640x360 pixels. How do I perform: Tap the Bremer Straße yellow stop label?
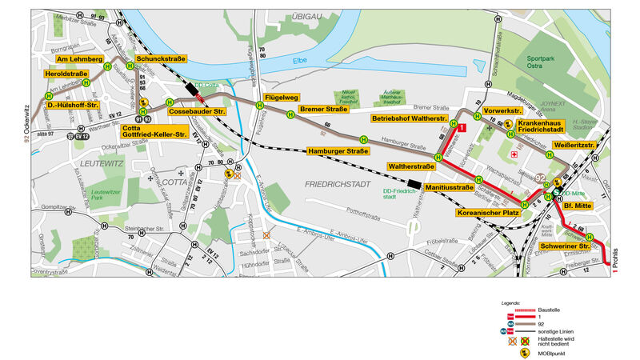coord(322,109)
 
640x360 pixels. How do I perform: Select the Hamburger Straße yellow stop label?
coord(338,150)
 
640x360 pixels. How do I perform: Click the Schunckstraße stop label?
coord(161,59)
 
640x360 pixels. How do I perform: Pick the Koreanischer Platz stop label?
coord(489,214)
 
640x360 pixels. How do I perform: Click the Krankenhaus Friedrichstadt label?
coord(547,127)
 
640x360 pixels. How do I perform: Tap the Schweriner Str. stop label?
coord(565,246)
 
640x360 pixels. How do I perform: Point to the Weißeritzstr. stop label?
coord(574,146)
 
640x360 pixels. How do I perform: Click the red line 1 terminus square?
coord(462,117)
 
